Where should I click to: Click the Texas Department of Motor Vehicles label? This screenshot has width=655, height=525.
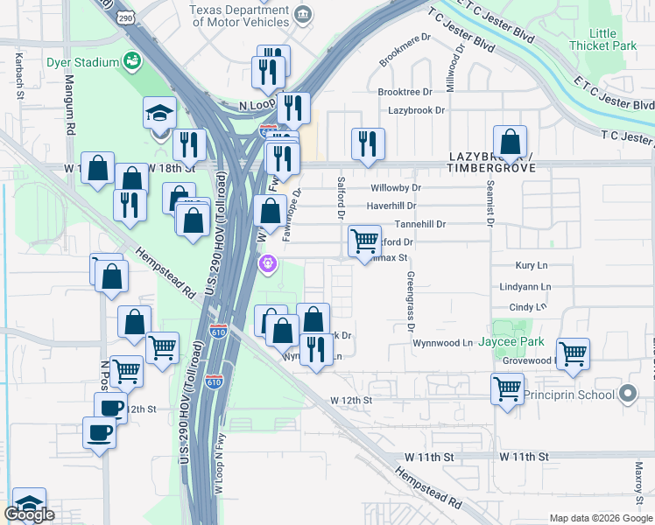[239, 14]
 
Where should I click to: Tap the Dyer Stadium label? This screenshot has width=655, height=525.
[83, 62]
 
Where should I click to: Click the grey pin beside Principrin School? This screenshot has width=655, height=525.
[628, 395]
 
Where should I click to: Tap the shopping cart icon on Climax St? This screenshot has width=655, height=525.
[364, 241]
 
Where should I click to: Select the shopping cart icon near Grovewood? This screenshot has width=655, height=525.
[573, 353]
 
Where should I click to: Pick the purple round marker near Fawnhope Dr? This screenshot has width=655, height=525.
[268, 262]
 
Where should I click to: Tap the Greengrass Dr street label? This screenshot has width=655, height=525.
[409, 302]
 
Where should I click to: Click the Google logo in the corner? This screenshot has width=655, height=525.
[31, 515]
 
